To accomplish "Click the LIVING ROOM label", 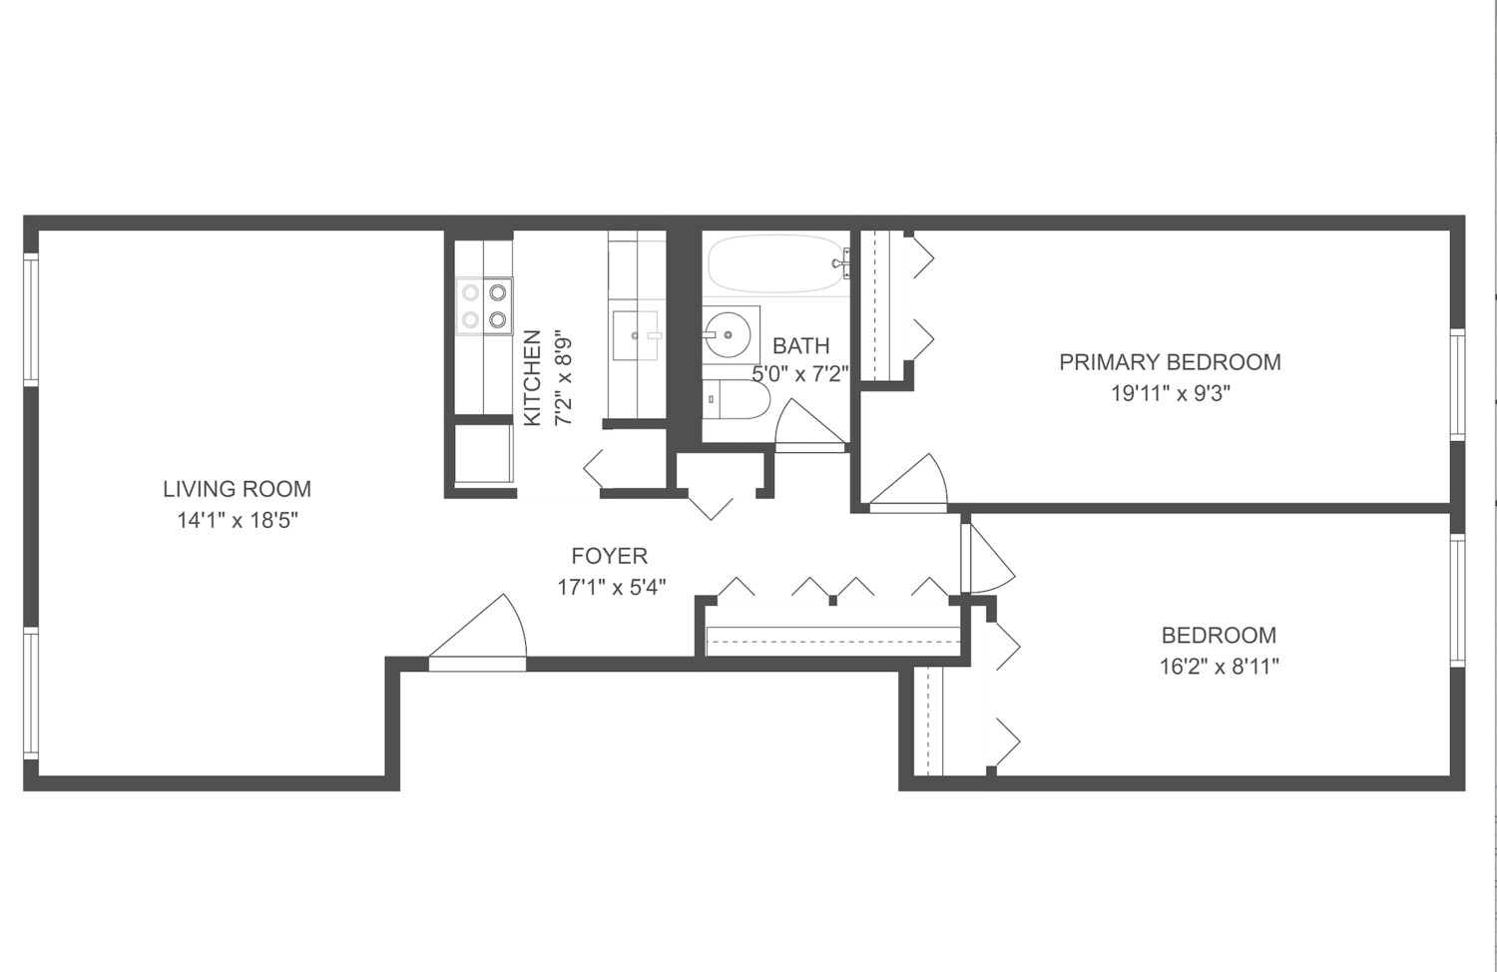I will coord(237,489).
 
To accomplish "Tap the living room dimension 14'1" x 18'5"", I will coord(237,520).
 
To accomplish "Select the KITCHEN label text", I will coord(532,378).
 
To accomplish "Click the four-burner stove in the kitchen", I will coord(484,306).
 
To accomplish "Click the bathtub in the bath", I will coord(776,263).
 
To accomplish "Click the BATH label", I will coord(800,346).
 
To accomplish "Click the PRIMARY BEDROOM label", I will coord(1170,362).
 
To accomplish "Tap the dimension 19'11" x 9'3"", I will coord(1170,393).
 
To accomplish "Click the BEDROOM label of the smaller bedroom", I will coord(1219,636).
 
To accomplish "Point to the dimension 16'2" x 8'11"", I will coord(1219,667).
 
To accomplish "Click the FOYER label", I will coord(609,556).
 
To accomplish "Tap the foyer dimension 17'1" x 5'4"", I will coord(611,587).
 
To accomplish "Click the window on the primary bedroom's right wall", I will coord(1457,384).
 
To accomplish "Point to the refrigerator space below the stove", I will coord(484,454).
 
